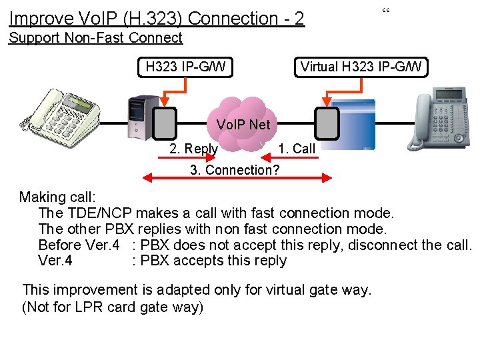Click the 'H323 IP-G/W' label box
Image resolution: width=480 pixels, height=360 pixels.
point(185,67)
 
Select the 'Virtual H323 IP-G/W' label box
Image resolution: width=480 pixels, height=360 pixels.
point(361,67)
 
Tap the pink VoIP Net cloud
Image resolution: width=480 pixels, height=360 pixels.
point(243,124)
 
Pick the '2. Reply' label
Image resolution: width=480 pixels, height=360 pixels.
point(193,149)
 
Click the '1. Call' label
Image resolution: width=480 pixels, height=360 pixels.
point(297,149)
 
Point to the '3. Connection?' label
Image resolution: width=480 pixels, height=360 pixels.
point(235,169)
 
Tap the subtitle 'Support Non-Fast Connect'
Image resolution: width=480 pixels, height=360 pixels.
point(95,38)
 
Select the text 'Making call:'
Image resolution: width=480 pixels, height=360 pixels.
point(57,197)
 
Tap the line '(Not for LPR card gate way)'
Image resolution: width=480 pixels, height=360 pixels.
point(113,307)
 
